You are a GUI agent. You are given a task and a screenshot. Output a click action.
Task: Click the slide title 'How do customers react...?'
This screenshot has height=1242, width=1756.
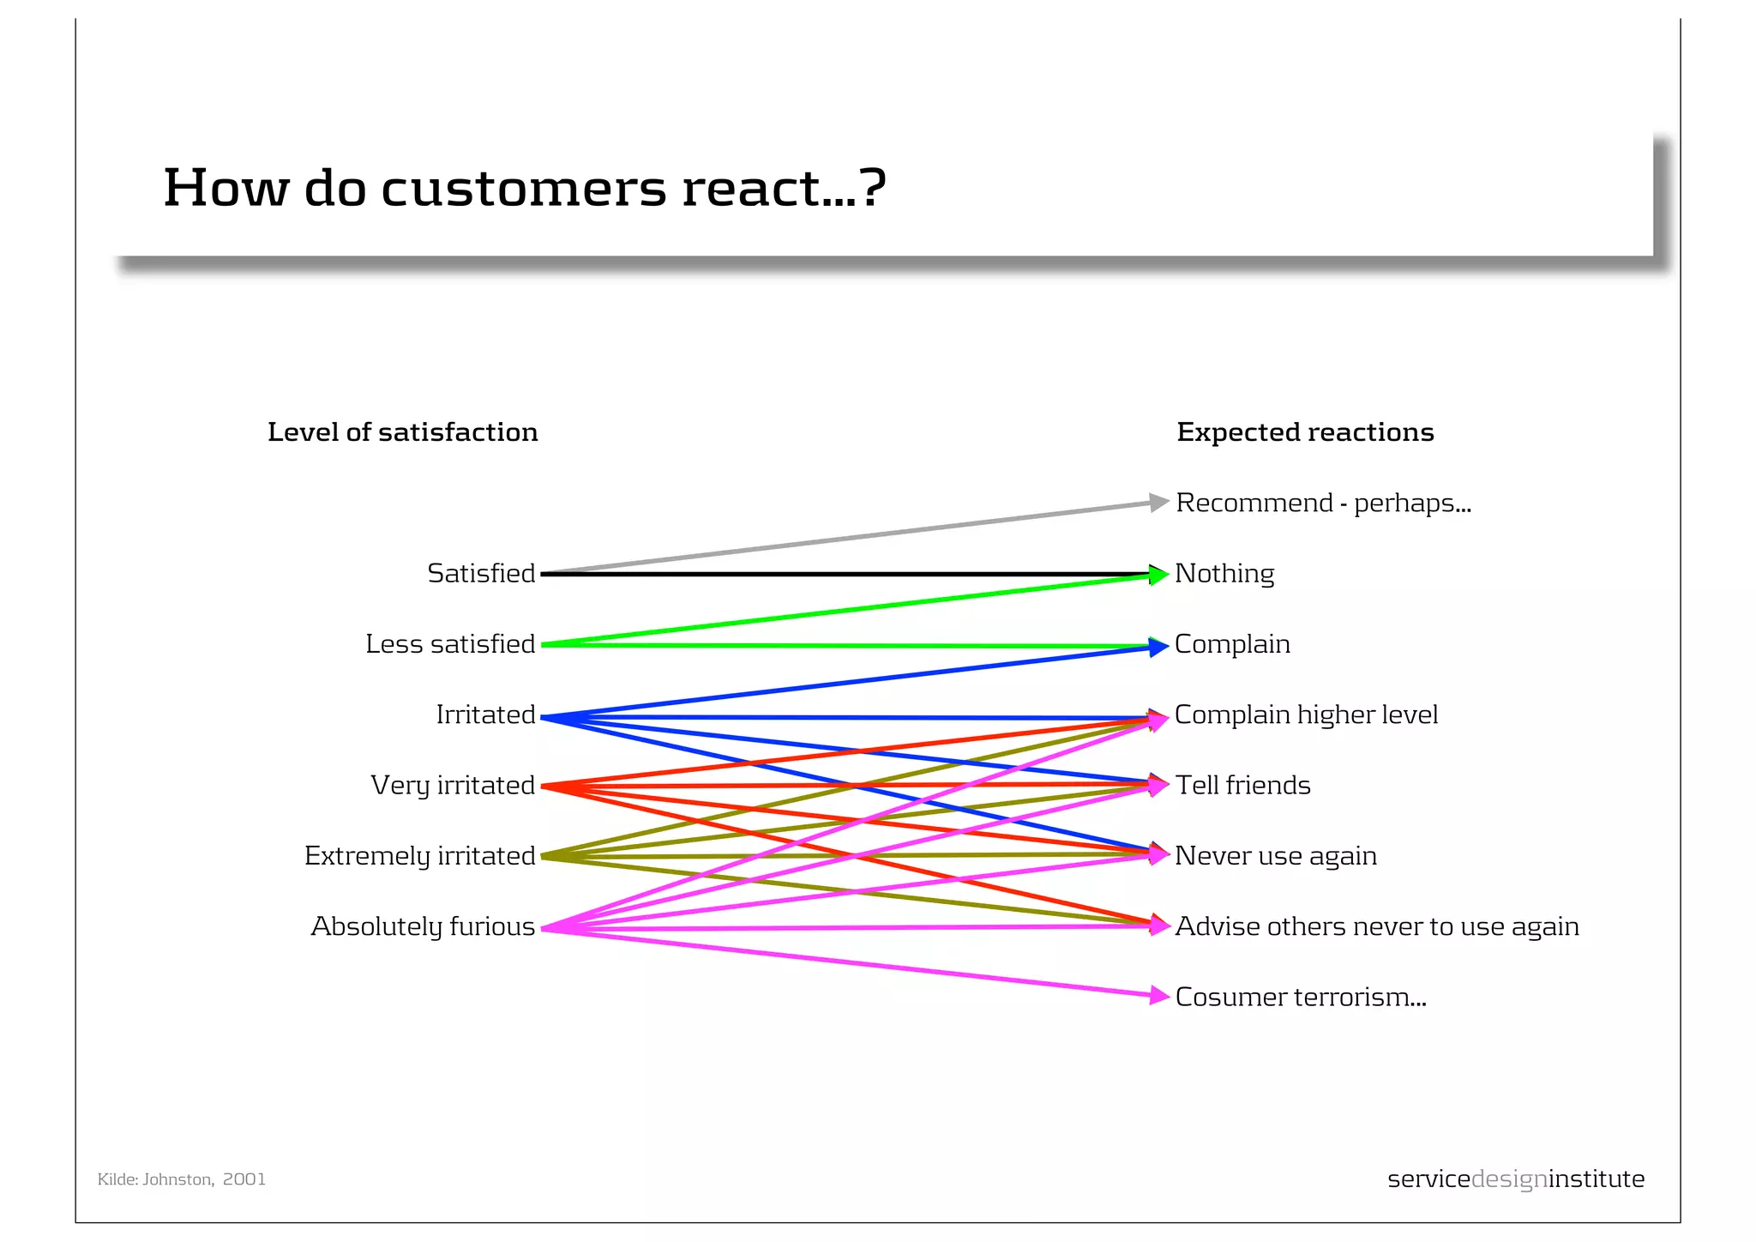524,187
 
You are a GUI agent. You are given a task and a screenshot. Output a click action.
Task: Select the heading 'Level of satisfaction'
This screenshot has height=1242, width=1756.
402,431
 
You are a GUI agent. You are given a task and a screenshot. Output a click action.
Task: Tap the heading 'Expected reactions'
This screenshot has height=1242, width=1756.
1304,431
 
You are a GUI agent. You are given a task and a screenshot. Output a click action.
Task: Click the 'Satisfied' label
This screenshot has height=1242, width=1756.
481,573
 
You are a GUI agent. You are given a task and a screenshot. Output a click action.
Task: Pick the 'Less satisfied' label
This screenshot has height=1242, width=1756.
450,643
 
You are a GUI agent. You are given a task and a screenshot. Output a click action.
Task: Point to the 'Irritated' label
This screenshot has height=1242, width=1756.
485,714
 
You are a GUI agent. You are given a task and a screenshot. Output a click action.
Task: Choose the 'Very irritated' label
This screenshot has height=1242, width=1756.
453,785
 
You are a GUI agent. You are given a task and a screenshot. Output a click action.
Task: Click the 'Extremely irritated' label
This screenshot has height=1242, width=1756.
419,855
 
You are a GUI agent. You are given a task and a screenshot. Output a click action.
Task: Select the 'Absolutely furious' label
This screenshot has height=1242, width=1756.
423,926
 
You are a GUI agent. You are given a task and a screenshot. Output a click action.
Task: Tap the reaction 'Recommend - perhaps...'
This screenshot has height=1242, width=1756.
1323,503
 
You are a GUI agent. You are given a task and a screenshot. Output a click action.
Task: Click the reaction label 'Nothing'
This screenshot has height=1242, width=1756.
1224,573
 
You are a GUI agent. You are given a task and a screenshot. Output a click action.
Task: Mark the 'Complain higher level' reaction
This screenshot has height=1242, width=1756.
1306,714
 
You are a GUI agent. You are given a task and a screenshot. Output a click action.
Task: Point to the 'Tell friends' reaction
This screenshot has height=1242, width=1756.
1242,785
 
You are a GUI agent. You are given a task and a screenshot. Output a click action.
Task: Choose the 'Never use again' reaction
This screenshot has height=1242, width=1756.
1276,855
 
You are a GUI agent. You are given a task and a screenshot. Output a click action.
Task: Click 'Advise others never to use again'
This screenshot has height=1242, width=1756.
1376,926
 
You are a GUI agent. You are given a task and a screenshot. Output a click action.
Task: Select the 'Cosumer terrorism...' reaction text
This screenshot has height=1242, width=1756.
1300,997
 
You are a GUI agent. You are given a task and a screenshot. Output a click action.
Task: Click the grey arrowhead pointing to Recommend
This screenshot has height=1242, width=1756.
1158,503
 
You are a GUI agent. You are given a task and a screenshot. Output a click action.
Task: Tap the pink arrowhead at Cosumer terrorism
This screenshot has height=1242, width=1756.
1159,995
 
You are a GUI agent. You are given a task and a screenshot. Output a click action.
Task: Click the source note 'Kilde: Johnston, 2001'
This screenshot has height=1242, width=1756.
182,1179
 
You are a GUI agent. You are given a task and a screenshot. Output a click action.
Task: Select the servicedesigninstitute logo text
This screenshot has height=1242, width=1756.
1515,1179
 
